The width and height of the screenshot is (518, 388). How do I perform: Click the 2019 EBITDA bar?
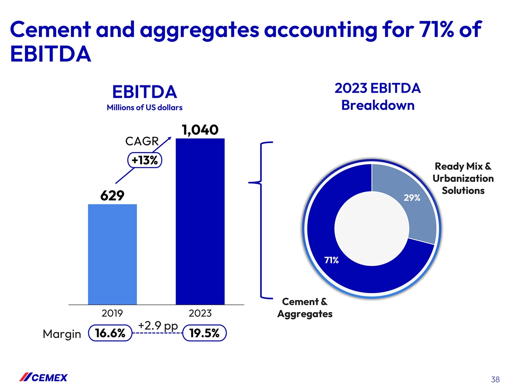(x=112, y=254)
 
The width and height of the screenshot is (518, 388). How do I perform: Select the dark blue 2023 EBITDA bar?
(x=200, y=222)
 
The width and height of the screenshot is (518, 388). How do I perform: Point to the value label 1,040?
(x=200, y=129)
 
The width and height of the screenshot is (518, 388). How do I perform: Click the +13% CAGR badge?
(x=145, y=160)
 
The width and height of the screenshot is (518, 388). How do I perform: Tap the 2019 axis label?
(x=112, y=313)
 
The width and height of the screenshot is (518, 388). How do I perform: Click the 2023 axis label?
(x=200, y=313)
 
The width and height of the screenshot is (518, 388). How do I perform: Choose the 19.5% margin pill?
(x=204, y=334)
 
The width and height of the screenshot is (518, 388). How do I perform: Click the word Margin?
(x=62, y=334)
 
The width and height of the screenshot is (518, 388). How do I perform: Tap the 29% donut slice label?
(x=412, y=198)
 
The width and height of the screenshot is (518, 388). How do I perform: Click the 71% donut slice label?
(x=331, y=260)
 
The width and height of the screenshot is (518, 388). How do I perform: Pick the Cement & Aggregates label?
(x=304, y=307)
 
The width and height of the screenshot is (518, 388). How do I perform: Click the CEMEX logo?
(x=44, y=378)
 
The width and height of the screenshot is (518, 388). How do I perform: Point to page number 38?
(x=495, y=379)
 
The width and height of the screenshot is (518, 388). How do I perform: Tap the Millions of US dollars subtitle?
(x=145, y=108)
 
